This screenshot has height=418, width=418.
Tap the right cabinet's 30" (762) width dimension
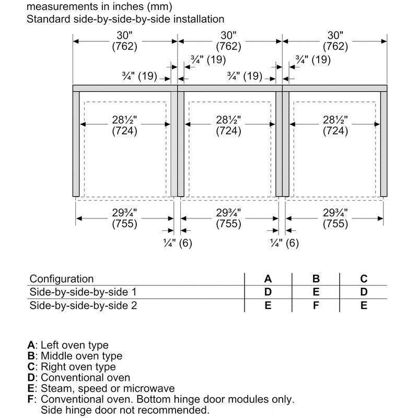click(334, 41)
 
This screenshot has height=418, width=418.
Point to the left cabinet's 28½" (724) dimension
click(124, 126)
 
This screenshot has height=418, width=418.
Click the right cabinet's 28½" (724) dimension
click(334, 126)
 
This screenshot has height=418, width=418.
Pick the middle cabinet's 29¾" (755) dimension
click(228, 218)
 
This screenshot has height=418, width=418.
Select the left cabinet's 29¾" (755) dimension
click(124, 218)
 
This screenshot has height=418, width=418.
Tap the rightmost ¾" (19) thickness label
click(313, 60)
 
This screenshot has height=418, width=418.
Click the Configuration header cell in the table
click(62, 279)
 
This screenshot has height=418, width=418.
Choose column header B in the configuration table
click(316, 279)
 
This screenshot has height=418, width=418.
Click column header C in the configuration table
click(364, 279)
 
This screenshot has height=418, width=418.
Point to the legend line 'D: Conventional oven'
click(79, 377)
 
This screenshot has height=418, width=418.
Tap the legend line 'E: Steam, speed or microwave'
click(101, 389)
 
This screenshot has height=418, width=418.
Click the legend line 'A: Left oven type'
click(68, 345)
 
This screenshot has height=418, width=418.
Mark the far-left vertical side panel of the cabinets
click(76, 144)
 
